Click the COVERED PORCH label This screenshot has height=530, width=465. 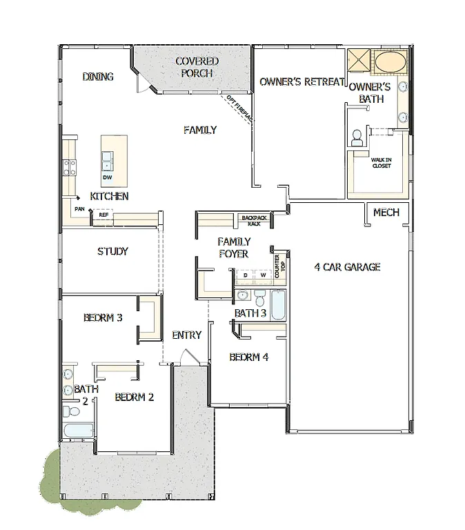[197, 67]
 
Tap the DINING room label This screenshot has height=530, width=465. [98, 77]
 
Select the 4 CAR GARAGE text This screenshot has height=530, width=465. [347, 267]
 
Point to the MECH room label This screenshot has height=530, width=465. [386, 212]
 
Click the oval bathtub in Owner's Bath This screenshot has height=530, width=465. [390, 62]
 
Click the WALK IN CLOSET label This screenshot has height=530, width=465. [382, 162]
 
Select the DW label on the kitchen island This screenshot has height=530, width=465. [107, 177]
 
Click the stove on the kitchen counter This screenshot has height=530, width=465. [70, 166]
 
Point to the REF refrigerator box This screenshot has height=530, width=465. [103, 215]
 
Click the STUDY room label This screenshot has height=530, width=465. [112, 251]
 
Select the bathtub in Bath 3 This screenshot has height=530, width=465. [278, 304]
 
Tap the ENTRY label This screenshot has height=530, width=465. [186, 335]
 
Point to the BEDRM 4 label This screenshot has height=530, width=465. [249, 357]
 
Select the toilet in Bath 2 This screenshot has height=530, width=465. [70, 412]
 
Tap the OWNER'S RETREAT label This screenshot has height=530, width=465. [301, 82]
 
